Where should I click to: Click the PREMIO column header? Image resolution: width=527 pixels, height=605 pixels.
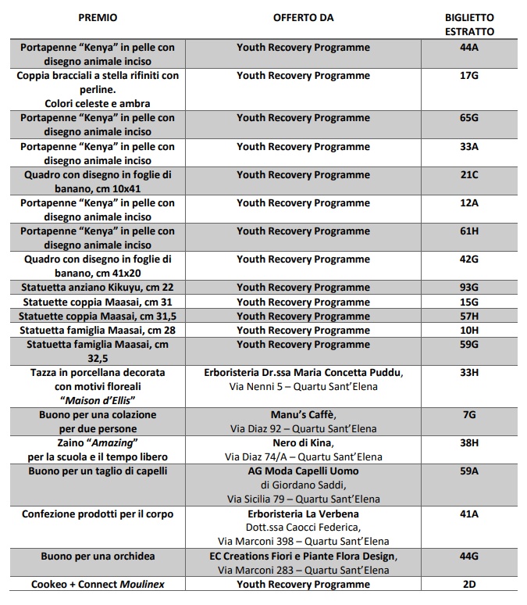[x=98, y=17]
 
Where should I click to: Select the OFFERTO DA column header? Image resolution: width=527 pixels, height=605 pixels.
[x=303, y=17]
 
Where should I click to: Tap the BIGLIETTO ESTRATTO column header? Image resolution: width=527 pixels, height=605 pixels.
[x=469, y=24]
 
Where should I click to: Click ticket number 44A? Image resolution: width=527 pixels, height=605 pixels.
[x=469, y=48]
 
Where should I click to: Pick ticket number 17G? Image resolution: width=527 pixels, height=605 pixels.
[x=469, y=76]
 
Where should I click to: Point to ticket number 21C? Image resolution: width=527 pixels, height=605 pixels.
[x=469, y=174]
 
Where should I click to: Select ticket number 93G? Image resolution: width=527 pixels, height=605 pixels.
[x=469, y=288]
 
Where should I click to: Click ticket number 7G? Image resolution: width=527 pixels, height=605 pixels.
[x=469, y=414]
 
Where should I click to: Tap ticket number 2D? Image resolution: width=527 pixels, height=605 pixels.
[x=469, y=584]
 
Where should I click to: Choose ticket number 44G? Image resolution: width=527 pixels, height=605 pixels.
[x=469, y=556]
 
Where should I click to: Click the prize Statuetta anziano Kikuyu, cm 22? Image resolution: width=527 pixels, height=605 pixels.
[x=98, y=288]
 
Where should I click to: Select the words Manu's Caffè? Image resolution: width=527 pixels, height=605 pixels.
[x=303, y=414]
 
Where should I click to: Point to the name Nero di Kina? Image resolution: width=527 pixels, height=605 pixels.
[x=303, y=442]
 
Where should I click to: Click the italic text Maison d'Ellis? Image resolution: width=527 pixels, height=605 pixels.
[x=98, y=400]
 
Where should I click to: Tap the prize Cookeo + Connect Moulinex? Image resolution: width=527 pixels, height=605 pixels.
[x=98, y=584]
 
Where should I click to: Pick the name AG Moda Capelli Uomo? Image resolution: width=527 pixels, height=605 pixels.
[x=303, y=471]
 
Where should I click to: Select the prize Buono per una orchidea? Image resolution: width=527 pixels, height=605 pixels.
[x=98, y=556]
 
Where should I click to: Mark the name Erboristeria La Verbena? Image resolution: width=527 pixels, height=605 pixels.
[x=303, y=514]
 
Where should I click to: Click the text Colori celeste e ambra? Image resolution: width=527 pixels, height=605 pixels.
[x=98, y=103]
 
